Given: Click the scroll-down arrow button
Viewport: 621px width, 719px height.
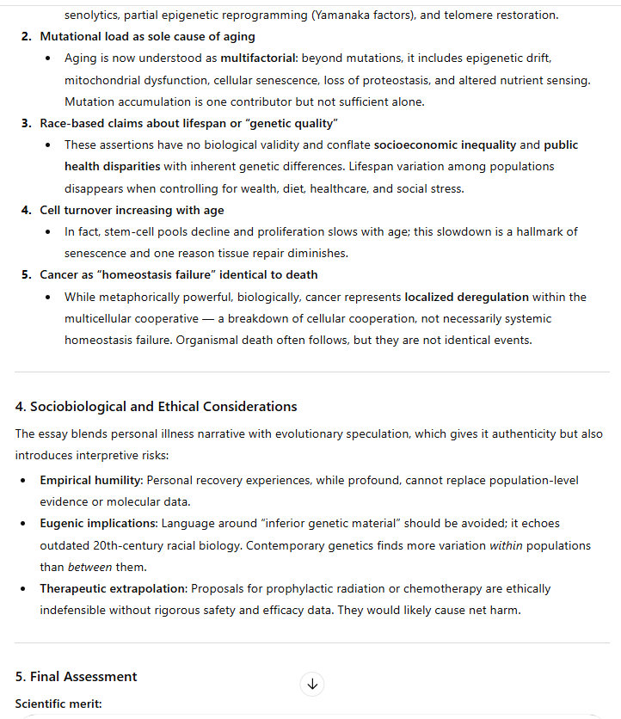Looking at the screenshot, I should (312, 685).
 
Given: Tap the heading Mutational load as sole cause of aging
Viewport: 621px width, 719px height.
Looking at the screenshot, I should (147, 37).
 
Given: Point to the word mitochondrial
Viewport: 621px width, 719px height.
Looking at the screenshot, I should (101, 80).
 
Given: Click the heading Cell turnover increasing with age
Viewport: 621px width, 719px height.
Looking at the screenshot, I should (132, 210).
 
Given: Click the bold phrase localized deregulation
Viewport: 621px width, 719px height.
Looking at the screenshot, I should (466, 297).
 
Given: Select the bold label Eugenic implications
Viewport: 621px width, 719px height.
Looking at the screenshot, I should (98, 523).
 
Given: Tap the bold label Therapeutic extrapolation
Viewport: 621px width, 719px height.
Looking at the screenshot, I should (113, 588).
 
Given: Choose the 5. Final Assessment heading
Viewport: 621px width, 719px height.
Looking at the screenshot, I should (76, 676).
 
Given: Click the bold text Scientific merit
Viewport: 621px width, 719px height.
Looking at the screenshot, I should (58, 704).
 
